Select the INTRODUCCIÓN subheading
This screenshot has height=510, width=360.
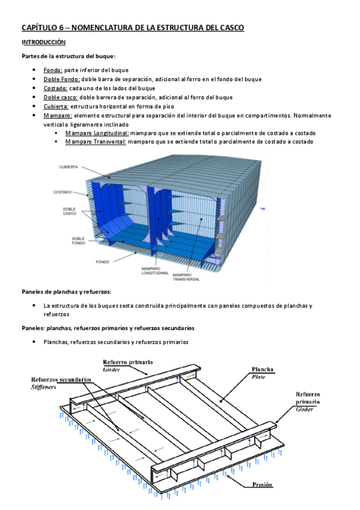43,42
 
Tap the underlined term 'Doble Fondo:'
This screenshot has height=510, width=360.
62,79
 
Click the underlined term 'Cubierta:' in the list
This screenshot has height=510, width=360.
56,106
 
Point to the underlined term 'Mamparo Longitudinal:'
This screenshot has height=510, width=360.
97,133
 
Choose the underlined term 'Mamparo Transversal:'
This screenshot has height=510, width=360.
96,142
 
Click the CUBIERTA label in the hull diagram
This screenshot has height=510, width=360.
69,167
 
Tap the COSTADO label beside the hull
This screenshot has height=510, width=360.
63,192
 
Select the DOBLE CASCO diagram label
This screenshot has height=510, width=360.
70,212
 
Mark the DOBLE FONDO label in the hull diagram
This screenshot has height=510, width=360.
78,241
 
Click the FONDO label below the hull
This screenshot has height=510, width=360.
102,262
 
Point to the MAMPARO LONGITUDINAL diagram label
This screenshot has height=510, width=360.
155,271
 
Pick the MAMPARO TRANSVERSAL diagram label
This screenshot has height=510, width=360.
186,277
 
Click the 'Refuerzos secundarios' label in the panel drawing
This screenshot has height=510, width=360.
61,379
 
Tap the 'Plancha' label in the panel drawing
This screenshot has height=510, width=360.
263,369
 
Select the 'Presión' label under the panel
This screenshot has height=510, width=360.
262,485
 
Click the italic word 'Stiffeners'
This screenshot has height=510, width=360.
43,387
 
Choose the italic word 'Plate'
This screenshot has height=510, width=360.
258,377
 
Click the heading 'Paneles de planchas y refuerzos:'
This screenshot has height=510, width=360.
66,292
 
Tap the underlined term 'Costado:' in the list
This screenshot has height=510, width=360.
55,88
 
